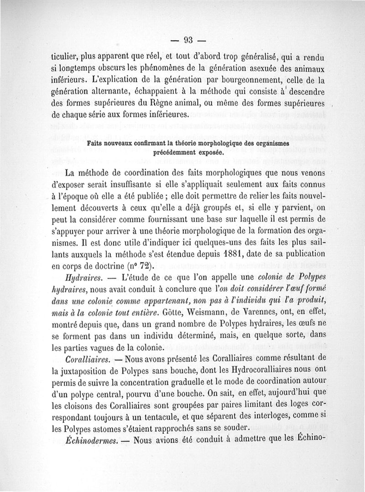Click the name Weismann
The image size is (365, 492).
[x=218, y=313]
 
